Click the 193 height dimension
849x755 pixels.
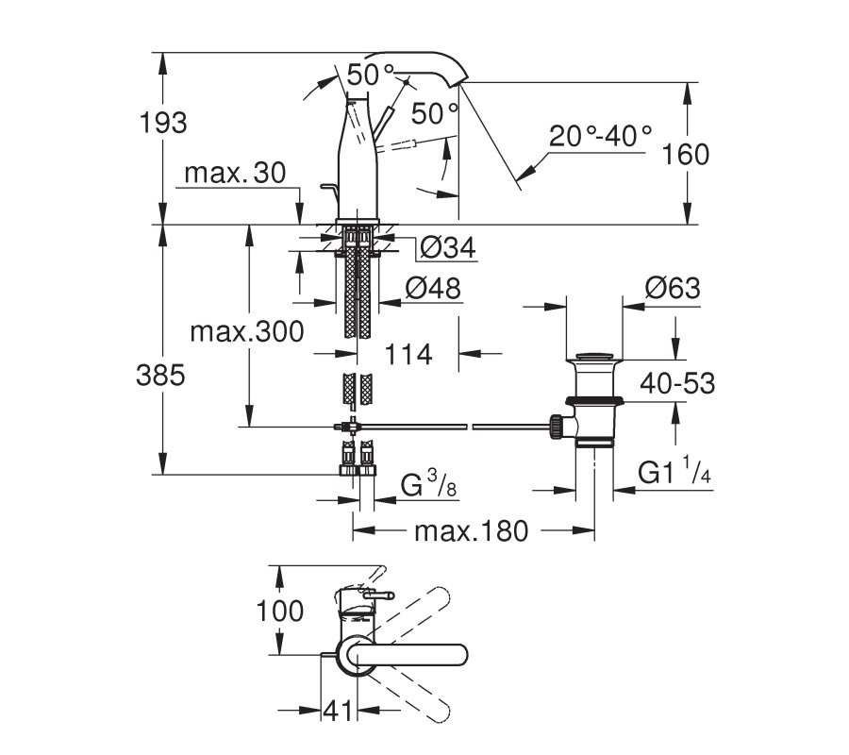[x=163, y=123]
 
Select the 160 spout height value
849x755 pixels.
[x=686, y=155]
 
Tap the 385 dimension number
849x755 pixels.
[x=160, y=375]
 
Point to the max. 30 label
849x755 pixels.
[x=235, y=174]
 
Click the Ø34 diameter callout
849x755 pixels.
[x=448, y=248]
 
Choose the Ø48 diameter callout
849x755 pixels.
[x=433, y=288]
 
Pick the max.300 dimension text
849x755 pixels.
[x=247, y=331]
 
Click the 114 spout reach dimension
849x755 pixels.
[x=408, y=355]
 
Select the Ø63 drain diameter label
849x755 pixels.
[x=673, y=288]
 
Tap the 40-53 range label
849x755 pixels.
[x=677, y=383]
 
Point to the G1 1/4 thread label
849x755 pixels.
[x=674, y=471]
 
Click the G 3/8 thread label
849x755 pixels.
[x=428, y=483]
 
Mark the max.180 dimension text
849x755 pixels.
[x=471, y=531]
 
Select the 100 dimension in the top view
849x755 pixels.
[x=279, y=612]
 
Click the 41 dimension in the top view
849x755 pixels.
[x=338, y=711]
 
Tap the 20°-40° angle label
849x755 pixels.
[x=601, y=136]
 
